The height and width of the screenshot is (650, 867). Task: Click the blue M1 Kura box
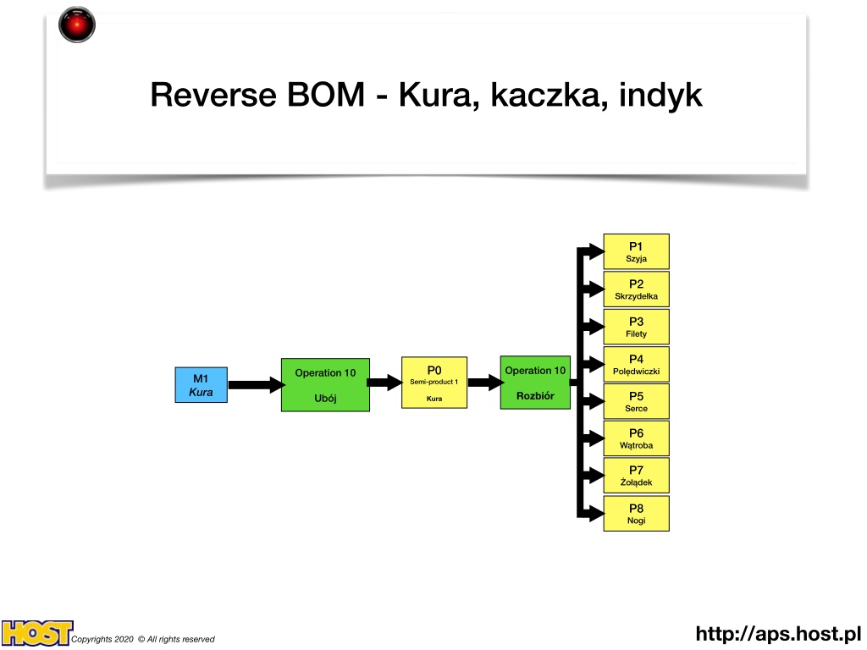coord(202,385)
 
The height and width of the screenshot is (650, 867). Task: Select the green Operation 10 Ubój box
coord(325,385)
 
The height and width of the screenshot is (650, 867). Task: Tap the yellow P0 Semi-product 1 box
coord(434,383)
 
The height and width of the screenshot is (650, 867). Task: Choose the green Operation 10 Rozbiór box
coord(535,383)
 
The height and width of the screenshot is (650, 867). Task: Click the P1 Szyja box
coord(637,251)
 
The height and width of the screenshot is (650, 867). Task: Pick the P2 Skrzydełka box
coord(637,289)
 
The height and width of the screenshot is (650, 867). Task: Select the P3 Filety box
coord(637,327)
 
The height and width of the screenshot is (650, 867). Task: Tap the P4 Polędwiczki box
coord(637,364)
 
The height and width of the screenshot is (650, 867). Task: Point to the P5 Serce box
coord(637,401)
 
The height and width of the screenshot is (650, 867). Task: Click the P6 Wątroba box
coord(637,438)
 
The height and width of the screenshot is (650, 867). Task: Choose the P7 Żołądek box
coord(637,476)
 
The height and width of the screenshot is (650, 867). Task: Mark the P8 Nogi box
coord(637,514)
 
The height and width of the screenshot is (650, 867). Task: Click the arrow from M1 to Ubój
coord(256,385)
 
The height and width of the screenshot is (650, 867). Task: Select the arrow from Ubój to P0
coord(385,383)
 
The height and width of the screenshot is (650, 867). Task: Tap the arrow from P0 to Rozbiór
coord(485,383)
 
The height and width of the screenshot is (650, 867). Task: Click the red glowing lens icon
coord(77,25)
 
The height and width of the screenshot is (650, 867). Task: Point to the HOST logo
coord(36,633)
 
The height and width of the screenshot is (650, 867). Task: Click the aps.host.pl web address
coord(779,633)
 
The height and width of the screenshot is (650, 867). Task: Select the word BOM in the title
coord(326,95)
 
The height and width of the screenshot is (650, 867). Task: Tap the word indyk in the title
coord(660,95)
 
